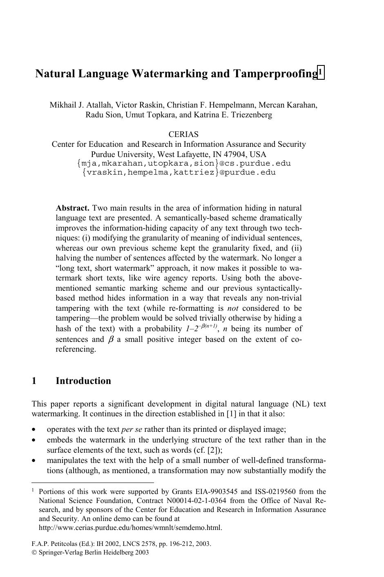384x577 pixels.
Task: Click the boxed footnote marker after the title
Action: tap(321, 72)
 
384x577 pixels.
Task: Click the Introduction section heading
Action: tap(83, 381)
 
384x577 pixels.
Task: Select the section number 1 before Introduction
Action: tap(34, 381)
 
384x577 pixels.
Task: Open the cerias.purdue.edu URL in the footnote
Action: tap(130, 528)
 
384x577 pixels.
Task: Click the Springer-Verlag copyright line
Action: tap(90, 552)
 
